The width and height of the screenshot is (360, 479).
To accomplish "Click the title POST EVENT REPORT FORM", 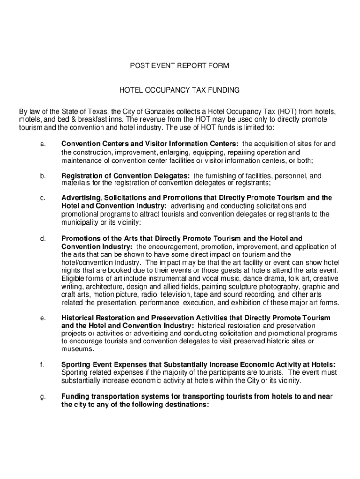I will point(180,66).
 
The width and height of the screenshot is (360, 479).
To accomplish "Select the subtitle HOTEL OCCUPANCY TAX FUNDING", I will point(180,89).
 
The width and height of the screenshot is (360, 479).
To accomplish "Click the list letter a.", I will point(43,144).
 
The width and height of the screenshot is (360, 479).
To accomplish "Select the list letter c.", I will point(43,198).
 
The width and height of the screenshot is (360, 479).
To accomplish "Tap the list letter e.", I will point(43,318).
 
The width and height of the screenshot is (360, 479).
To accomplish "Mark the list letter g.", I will point(43,397).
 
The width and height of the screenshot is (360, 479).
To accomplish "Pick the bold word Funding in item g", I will point(74,397).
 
